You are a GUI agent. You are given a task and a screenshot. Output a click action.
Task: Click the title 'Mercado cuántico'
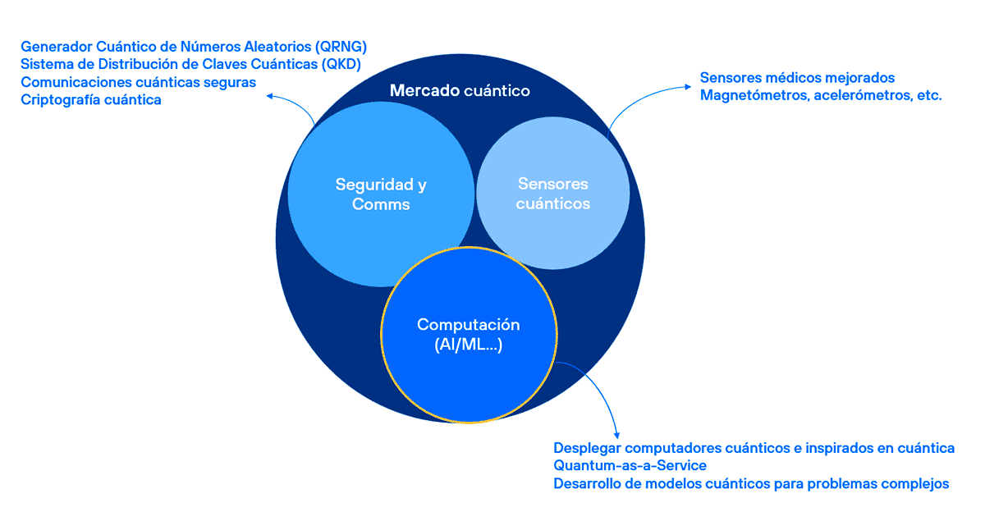[459, 90]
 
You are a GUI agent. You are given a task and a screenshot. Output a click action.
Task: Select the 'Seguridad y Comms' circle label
[381, 194]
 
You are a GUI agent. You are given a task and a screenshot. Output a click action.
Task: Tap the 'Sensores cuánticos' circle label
[552, 194]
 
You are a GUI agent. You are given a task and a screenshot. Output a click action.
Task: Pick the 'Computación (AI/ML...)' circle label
[468, 335]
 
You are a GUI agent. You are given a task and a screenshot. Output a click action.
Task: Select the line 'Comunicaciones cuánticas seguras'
[139, 82]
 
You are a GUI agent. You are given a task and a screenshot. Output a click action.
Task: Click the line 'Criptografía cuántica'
[91, 100]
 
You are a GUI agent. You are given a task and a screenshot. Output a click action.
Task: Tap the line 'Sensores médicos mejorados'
[797, 78]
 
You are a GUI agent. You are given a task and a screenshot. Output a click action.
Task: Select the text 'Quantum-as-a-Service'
[630, 466]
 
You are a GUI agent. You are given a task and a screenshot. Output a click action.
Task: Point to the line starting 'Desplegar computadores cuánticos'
[754, 448]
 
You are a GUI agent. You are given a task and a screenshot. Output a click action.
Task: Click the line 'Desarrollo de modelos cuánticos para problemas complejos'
[751, 484]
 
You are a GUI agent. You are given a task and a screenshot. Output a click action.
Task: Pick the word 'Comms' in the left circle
[381, 204]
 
